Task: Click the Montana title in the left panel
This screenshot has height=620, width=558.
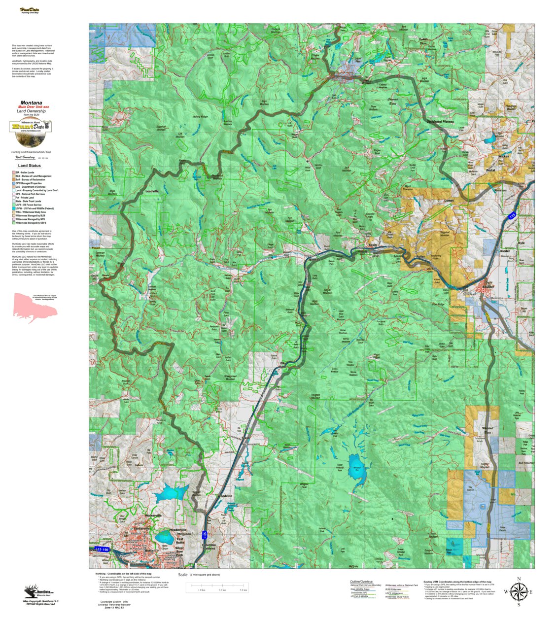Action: coord(31,103)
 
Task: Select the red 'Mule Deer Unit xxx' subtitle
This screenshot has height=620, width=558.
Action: coord(34,107)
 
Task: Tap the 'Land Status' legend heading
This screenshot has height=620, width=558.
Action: coord(30,166)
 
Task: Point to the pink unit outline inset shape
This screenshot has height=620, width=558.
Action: coord(34,307)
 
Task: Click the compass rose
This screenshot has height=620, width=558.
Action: coord(518,591)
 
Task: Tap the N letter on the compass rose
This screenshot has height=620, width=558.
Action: coord(519,579)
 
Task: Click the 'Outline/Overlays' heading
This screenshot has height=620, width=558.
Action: coord(361,582)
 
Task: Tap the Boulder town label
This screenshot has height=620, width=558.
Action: coord(488,286)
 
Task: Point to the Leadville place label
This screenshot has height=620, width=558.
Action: coord(152,191)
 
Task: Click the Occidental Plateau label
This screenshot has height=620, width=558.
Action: coord(440,121)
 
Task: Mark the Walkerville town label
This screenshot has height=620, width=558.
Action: coord(153,516)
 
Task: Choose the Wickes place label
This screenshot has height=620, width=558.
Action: coord(504,156)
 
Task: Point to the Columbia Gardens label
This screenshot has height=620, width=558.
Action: coord(209,547)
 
